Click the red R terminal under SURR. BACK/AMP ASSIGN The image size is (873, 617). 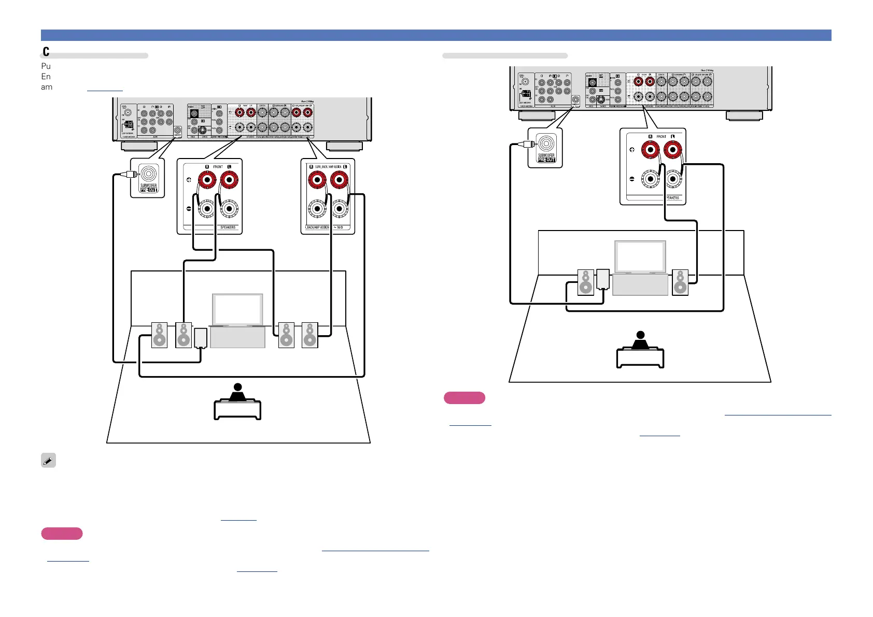point(316,180)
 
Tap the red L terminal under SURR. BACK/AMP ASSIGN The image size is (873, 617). point(339,180)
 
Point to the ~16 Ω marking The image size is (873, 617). point(339,227)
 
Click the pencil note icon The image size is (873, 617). point(48,461)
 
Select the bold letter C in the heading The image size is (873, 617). point(46,51)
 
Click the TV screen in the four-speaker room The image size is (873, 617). point(237,310)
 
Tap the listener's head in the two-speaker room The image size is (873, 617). point(641,335)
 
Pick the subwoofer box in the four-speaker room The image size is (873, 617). point(201,337)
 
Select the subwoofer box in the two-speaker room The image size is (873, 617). point(603,279)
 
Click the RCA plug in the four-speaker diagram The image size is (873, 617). point(128,175)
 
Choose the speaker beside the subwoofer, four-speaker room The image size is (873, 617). point(184,335)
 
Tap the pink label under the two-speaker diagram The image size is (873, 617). point(464,398)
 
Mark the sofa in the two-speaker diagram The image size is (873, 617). point(640,357)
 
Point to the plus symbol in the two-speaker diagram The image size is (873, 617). point(632,150)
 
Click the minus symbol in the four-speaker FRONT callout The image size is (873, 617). point(189,209)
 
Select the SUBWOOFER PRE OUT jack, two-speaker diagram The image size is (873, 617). point(546,144)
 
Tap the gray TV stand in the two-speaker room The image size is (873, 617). point(640,285)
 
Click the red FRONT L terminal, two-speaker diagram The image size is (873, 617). point(673,150)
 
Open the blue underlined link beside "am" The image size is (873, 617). point(105,88)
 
